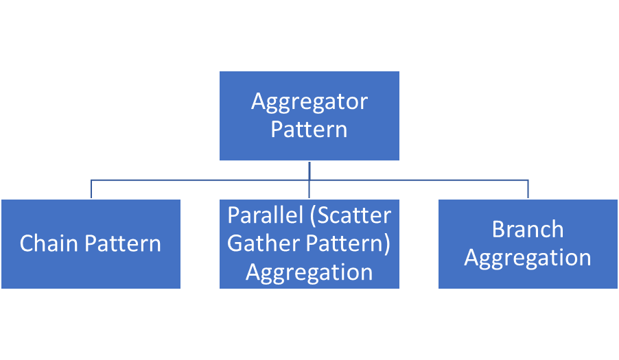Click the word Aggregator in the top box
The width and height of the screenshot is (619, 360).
point(309,102)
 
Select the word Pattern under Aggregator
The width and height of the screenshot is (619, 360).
point(309,130)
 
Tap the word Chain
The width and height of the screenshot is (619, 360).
point(49,243)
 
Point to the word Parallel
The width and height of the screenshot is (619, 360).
point(267,215)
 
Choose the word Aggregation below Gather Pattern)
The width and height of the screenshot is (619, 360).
point(309,272)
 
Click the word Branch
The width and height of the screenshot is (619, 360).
point(528,229)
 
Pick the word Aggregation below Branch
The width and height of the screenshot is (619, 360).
point(528,258)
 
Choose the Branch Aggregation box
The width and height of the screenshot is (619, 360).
point(528,278)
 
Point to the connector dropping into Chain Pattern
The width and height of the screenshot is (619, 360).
point(91,190)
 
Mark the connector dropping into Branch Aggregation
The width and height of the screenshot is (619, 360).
point(528,190)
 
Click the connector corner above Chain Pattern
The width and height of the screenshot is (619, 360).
point(91,180)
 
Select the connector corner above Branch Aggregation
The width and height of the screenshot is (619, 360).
point(528,180)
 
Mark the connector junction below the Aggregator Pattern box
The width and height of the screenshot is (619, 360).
point(309,180)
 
